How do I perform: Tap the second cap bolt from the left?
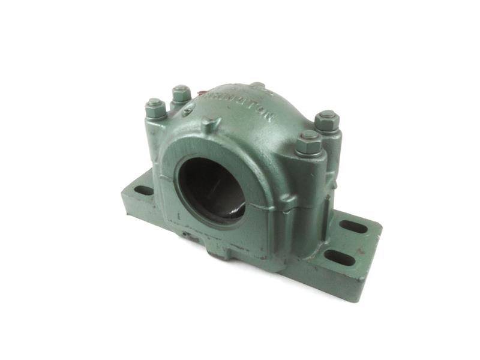[181, 93]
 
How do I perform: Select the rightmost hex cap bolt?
[327, 121]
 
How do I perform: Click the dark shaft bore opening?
[211, 186]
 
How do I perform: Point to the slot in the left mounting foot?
[144, 191]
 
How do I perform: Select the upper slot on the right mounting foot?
[353, 227]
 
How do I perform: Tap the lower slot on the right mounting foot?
[339, 258]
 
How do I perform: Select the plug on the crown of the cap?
[257, 86]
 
